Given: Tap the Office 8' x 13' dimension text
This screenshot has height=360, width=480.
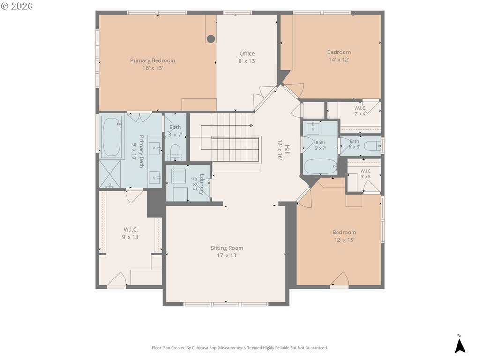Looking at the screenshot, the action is pos(247,61).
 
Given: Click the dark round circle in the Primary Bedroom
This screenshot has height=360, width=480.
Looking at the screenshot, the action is pos(210,38).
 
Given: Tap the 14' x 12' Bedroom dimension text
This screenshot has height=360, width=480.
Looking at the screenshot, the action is pos(339,60).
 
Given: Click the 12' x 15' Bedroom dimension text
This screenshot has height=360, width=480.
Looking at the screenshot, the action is pos(344,240).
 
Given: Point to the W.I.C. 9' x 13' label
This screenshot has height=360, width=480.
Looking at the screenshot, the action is pos(131,233).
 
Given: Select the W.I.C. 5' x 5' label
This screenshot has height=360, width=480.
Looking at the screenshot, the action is pos(366,173).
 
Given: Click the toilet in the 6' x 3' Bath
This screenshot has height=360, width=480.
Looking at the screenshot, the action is pos(373,146).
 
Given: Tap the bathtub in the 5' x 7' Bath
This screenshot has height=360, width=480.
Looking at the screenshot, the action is pos(320,166).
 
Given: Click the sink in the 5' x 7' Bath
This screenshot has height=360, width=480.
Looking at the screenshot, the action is pos(313,127).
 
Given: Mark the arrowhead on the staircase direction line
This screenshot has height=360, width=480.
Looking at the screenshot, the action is pos(251,125).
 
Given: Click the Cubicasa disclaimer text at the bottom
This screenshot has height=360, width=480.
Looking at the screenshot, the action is pos(240,348).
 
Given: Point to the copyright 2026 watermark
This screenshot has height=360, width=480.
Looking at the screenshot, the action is pos(17,6).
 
